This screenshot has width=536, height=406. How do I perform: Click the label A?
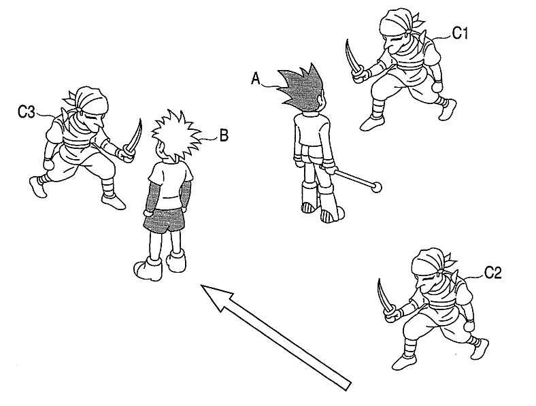click(x=256, y=80)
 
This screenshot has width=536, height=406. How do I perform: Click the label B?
click(x=222, y=135)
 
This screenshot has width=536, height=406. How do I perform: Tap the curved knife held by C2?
click(x=384, y=297)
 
